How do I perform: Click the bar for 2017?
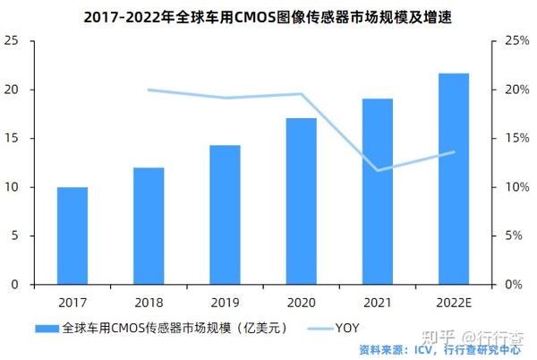[72, 236]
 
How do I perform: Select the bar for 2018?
[149, 226]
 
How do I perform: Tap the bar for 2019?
[225, 215]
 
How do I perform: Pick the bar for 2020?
[301, 201]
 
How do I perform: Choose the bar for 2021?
[378, 192]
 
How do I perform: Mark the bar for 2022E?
[454, 179]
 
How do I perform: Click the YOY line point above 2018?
[149, 90]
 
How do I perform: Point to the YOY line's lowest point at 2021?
[378, 170]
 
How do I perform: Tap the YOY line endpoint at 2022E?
[454, 152]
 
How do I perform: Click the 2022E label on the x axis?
[454, 302]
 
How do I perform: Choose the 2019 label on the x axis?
[225, 302]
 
